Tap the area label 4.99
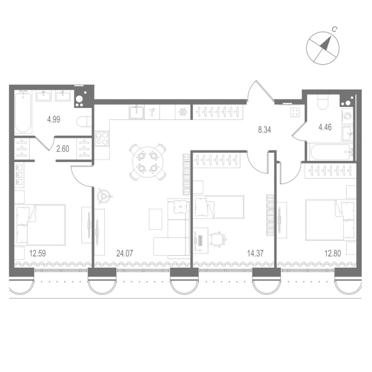53,119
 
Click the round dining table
147,162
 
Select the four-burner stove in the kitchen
102,138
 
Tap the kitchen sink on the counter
137,112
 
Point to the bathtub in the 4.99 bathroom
23,113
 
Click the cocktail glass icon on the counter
152,111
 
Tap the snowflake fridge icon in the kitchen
182,112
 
